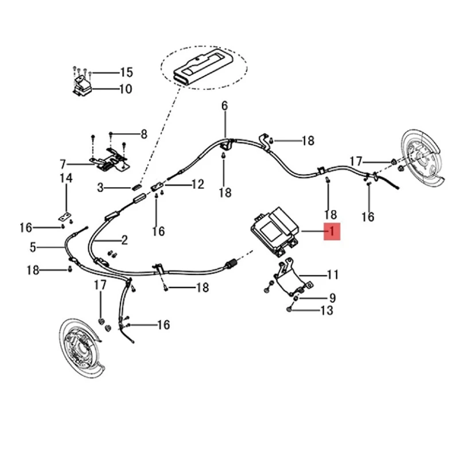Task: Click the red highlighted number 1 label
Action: click(332, 231)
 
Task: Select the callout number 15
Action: click(126, 72)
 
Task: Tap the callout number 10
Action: click(126, 89)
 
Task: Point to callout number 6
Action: click(224, 106)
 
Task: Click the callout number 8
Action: click(143, 134)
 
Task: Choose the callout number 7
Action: click(63, 164)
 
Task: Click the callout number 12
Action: click(197, 185)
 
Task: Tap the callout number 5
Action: click(33, 248)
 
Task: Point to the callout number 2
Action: click(124, 240)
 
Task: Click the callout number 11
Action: click(333, 275)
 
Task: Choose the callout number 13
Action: click(326, 311)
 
